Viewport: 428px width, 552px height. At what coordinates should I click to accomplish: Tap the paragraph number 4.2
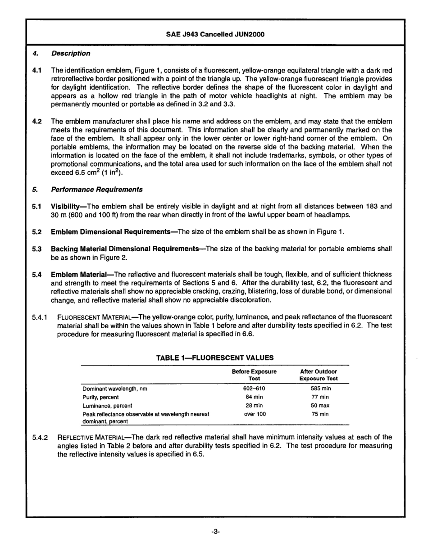37,122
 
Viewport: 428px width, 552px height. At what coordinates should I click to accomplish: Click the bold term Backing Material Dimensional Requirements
125,249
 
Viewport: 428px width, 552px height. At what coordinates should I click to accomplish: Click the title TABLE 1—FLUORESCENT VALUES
215,358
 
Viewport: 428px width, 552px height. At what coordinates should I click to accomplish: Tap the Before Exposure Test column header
254,375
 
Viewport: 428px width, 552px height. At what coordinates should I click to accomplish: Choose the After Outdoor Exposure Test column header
318,375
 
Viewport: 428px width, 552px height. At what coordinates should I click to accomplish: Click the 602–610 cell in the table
254,389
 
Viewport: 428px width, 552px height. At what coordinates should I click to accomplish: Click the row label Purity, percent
100,397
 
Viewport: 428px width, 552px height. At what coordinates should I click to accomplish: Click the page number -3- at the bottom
215,532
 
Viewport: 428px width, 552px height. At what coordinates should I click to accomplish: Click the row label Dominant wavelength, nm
114,389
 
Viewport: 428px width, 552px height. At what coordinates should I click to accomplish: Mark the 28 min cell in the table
254,406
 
